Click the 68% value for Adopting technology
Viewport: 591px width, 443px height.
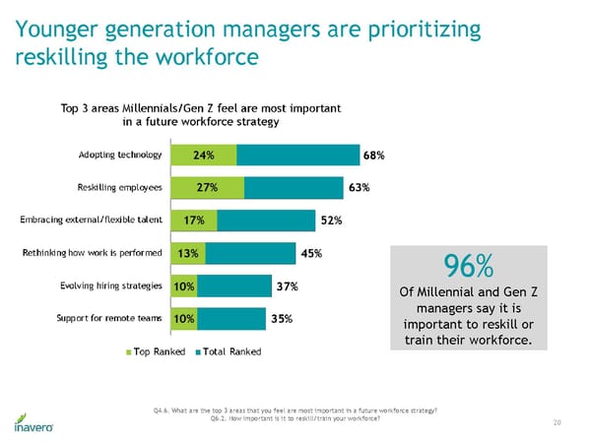pos(373,156)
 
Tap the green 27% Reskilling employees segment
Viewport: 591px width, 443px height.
pos(207,188)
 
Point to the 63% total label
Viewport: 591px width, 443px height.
pos(359,188)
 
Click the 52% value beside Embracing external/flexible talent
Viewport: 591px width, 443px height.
pos(332,221)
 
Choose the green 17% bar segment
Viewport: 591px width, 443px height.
pos(194,221)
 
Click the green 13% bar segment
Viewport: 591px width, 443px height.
pos(188,253)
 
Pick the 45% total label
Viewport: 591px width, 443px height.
pos(311,253)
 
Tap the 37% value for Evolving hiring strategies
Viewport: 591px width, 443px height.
pos(287,286)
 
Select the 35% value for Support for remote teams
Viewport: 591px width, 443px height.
pos(281,319)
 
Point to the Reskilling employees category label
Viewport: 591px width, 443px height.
pos(119,188)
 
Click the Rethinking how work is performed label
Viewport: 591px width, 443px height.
pos(93,253)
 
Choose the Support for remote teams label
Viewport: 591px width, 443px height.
pos(114,319)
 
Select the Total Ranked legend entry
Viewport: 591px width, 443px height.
pos(230,351)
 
